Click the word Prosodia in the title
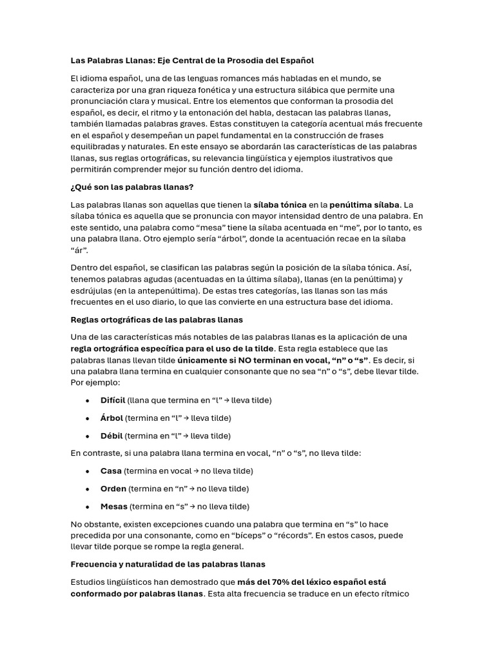point(242,61)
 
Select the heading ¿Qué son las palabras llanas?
point(131,187)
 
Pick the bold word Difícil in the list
point(113,400)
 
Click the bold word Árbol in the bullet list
point(112,418)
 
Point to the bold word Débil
point(111,436)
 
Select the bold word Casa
point(111,471)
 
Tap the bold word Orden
point(113,489)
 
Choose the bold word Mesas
point(114,506)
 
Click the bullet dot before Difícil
point(87,400)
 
